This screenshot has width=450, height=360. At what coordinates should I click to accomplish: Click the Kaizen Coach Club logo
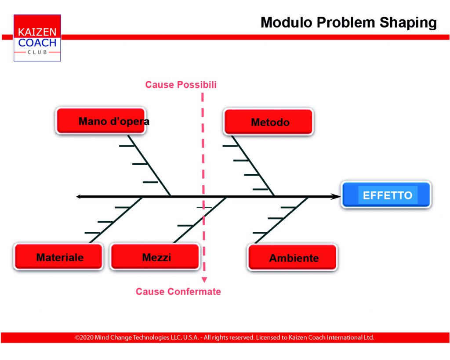[x=37, y=38]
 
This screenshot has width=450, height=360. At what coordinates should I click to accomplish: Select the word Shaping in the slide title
[x=408, y=23]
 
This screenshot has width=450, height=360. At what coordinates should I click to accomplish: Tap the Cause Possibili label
[x=181, y=85]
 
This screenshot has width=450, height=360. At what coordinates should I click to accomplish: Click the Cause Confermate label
[x=178, y=292]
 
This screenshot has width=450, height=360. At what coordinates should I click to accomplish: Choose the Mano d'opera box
[x=101, y=121]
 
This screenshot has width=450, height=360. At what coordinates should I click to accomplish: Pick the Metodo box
[x=269, y=122]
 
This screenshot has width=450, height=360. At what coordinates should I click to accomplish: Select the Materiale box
[x=58, y=257]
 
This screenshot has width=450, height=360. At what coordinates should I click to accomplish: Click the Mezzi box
[x=155, y=257]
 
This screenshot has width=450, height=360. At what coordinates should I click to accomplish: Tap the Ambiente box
[x=292, y=257]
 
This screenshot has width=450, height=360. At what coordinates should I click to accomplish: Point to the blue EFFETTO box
[x=386, y=195]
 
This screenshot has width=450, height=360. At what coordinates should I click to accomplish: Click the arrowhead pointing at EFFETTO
[x=336, y=197]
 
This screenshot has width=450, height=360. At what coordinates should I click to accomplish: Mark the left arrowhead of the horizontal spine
[x=79, y=197]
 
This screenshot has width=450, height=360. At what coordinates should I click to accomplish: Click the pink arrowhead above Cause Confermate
[x=204, y=280]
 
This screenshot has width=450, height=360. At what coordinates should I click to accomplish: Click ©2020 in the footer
[x=84, y=338]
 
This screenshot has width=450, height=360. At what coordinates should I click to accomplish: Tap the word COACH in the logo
[x=37, y=43]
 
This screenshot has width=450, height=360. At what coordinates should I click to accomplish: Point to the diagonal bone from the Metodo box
[x=253, y=166]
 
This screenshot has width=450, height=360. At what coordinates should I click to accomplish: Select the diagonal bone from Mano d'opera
[x=149, y=166]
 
